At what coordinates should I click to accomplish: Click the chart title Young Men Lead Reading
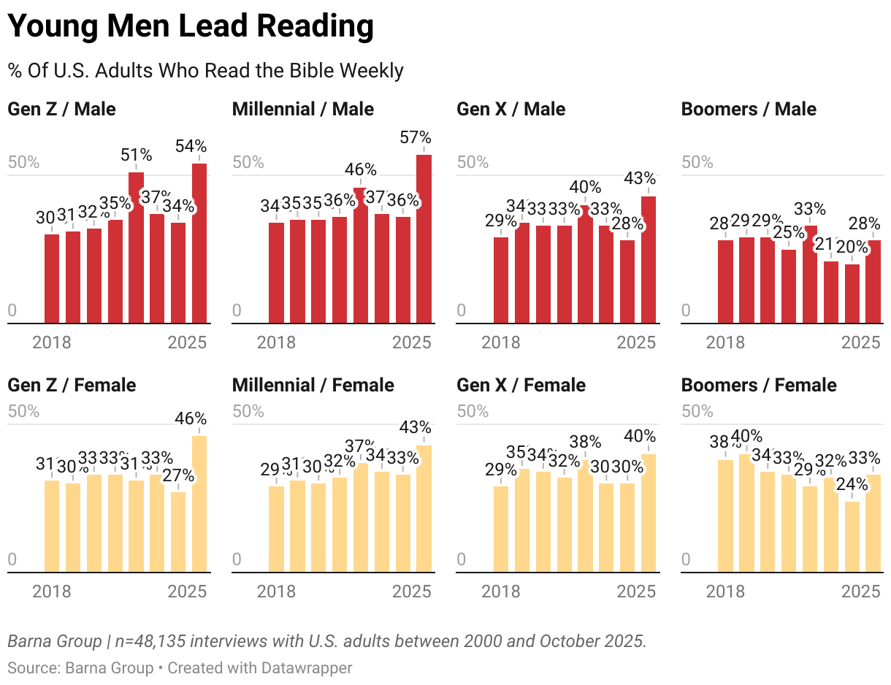[191, 27]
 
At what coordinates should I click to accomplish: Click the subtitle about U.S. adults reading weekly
[205, 71]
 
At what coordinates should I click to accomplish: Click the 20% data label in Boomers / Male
[852, 248]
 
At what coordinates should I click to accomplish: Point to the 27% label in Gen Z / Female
[178, 476]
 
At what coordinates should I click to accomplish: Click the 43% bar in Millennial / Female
[424, 509]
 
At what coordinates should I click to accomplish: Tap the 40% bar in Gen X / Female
[649, 513]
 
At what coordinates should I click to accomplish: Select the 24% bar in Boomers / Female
[852, 537]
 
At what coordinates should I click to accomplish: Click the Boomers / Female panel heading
[759, 385]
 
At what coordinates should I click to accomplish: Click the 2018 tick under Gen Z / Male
[52, 342]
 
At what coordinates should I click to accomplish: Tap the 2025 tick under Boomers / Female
[861, 591]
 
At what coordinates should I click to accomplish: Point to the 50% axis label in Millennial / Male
[248, 162]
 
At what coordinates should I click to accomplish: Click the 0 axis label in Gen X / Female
[461, 560]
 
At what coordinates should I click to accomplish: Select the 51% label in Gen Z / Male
[137, 155]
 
